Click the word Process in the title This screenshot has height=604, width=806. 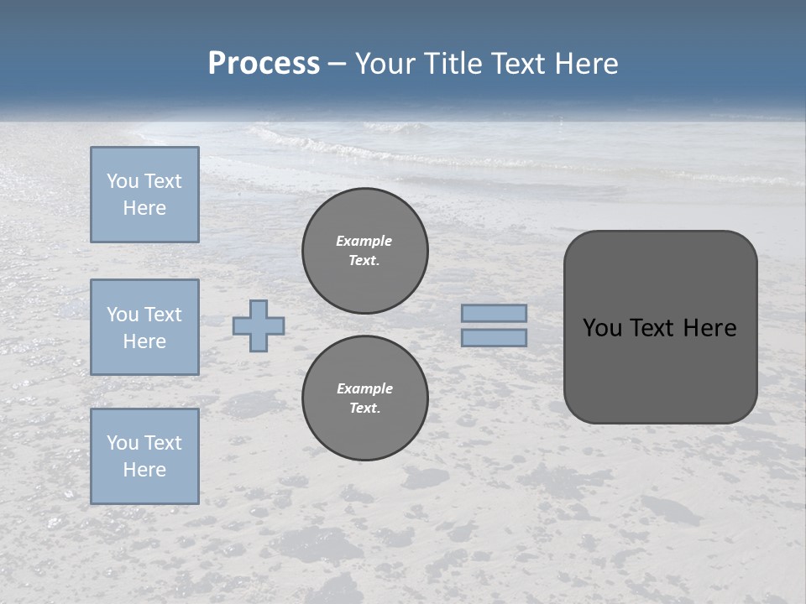(x=264, y=64)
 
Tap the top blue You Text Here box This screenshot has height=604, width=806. (x=144, y=195)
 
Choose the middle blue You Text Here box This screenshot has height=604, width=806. (x=144, y=327)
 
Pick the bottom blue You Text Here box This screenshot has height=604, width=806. (x=144, y=456)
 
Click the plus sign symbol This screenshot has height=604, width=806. (x=259, y=326)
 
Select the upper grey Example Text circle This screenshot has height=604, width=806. (x=365, y=251)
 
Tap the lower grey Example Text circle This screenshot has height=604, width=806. (x=365, y=398)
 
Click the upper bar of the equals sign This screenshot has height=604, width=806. (x=495, y=313)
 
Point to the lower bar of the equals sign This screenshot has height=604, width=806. (x=495, y=338)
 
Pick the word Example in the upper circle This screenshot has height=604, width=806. (x=364, y=241)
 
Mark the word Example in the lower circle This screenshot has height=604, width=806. (x=364, y=388)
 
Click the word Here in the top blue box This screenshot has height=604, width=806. (x=144, y=208)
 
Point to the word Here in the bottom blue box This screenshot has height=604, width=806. (x=144, y=470)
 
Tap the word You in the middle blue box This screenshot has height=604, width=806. (x=121, y=315)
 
